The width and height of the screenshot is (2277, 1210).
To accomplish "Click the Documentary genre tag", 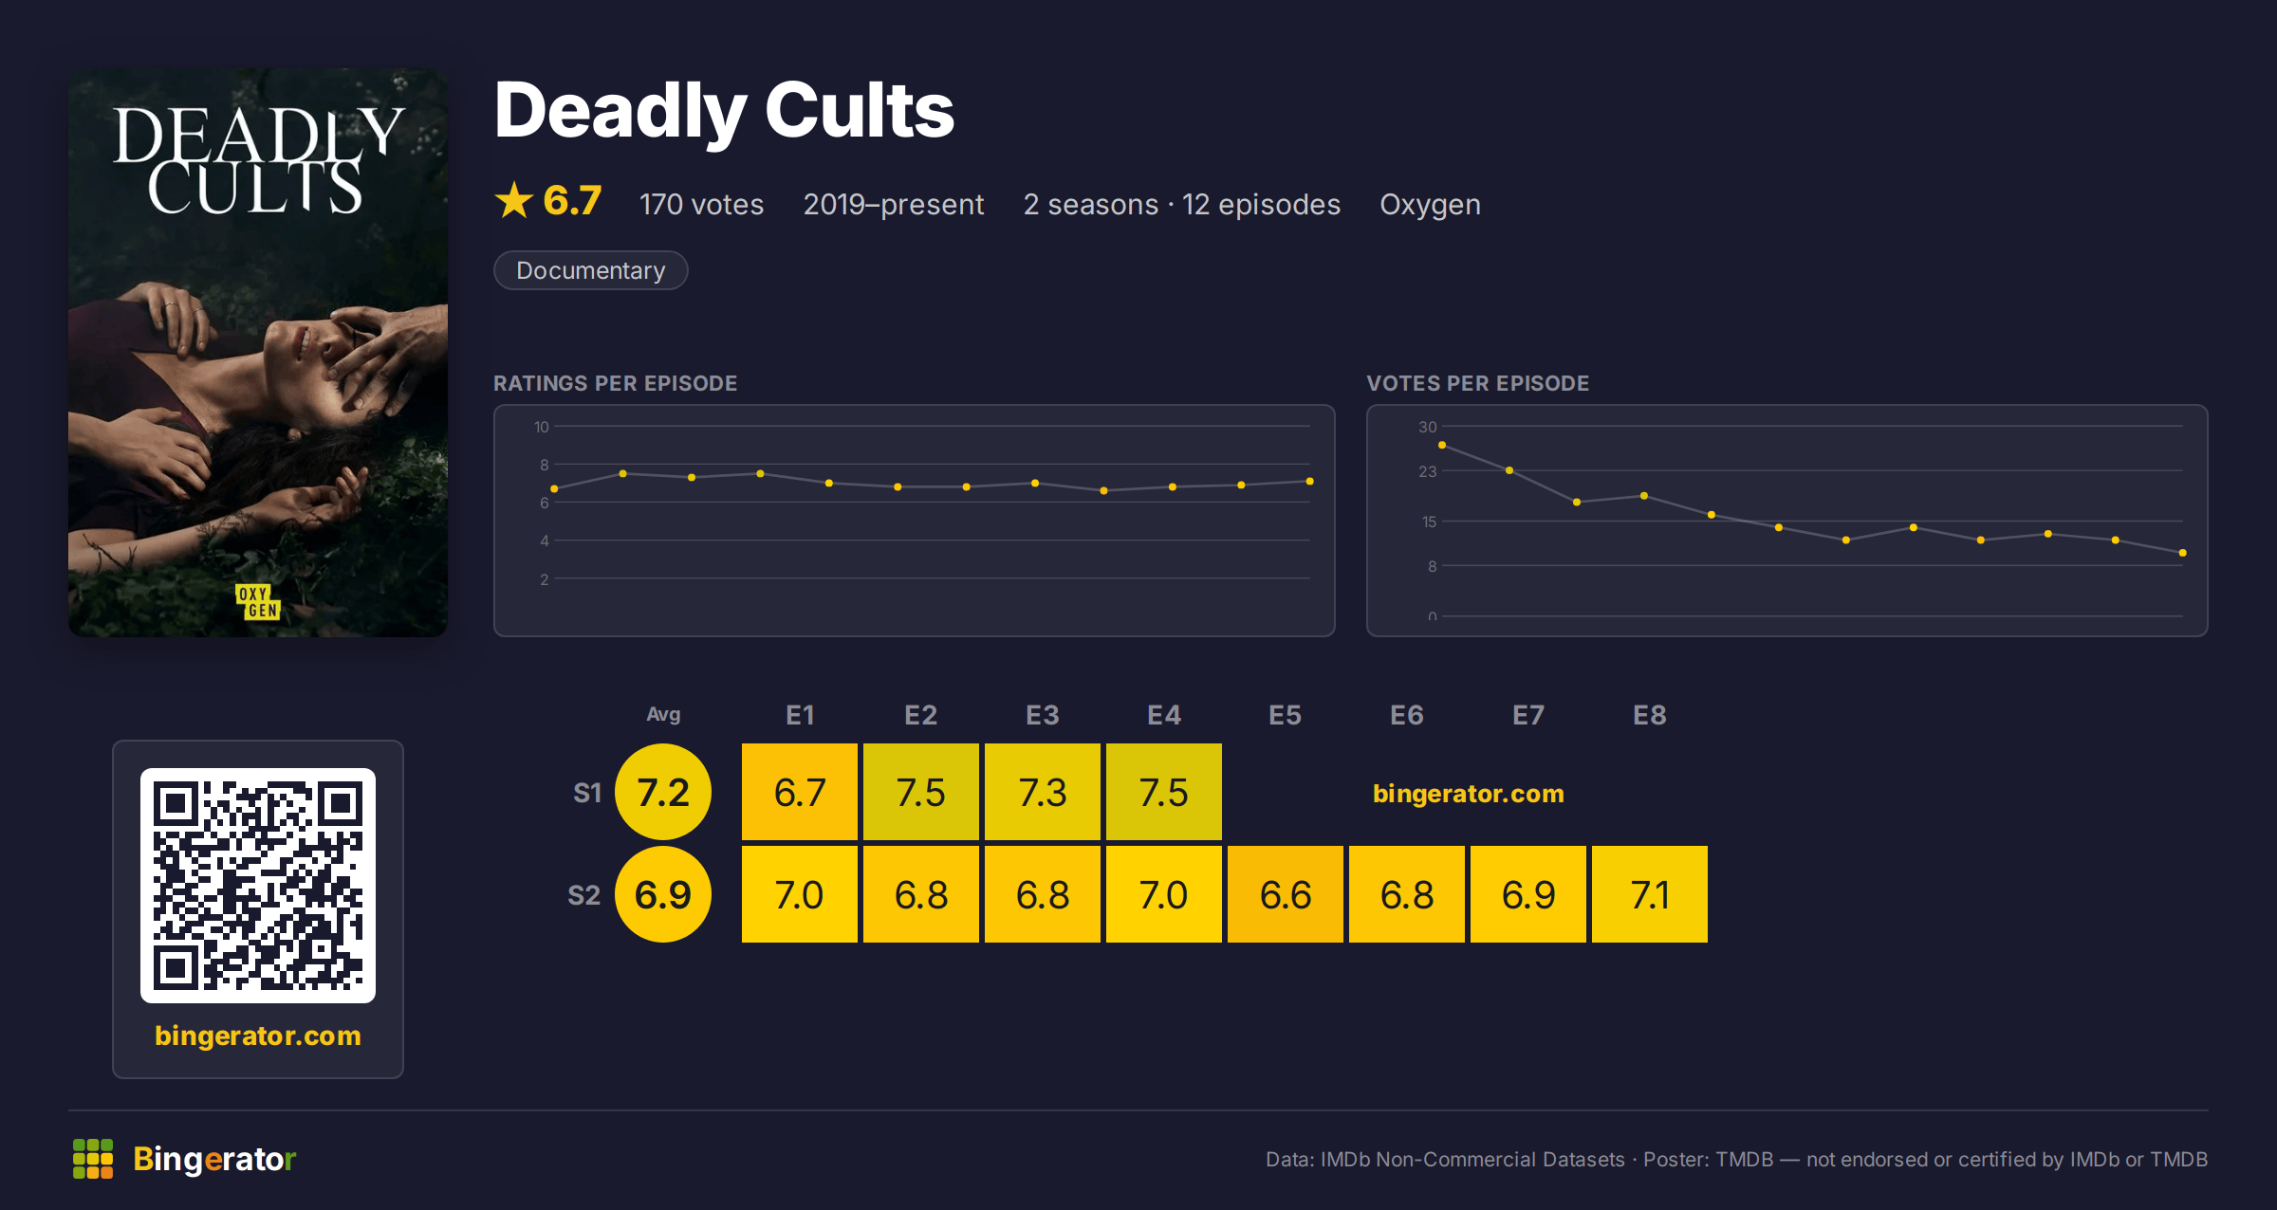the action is pos(590,270).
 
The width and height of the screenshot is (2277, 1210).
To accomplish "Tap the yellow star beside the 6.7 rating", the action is pos(514,200).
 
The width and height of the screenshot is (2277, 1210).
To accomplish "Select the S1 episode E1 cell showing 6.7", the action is pos(800,792).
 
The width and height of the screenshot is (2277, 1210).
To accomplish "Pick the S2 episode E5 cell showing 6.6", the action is pos(1286,894).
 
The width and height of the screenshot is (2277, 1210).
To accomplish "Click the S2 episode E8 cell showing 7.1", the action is pos(1650,894).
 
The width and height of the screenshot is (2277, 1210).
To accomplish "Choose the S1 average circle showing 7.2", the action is pos(663,792).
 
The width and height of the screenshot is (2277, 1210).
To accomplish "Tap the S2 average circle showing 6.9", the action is pos(663,894).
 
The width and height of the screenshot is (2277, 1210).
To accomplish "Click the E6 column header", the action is pos(1407,715).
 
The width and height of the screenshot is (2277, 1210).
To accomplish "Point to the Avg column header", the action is pos(663,714).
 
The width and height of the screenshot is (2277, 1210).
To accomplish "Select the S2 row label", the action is pos(584,895).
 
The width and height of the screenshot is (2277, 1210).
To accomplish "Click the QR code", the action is pos(258,886).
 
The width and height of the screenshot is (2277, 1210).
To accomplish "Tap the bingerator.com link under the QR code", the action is pos(258,1036).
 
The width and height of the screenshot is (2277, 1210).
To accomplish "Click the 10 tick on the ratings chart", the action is pos(542,427).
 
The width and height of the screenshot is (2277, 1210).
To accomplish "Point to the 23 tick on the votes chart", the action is pos(1428,471).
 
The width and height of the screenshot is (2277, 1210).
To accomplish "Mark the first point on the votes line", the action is pos(1442,445).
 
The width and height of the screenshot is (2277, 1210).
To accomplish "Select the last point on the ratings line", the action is pos(1310,482).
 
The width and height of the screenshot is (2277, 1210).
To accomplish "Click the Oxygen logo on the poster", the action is pos(258,602).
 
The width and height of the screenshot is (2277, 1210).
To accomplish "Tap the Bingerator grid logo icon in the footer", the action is pos(93,1159).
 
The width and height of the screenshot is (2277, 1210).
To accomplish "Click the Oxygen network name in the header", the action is pos(1430,205).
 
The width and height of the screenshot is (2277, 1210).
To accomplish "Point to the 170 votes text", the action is pos(701,205).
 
